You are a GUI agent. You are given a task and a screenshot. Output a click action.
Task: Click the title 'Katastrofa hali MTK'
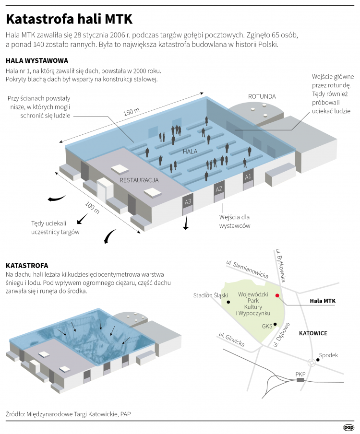point(69,19)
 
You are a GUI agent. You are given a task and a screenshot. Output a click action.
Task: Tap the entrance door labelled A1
point(248,177)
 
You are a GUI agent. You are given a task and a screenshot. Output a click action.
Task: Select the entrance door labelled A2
point(219,189)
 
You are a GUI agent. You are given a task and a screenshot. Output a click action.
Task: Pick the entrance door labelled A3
point(188,202)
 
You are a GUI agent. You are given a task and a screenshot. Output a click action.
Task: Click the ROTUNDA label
point(262,96)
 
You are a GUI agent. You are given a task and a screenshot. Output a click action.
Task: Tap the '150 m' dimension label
point(131,112)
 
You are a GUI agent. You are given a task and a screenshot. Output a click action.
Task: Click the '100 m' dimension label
point(92,208)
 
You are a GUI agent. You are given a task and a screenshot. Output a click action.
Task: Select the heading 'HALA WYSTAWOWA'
point(36,61)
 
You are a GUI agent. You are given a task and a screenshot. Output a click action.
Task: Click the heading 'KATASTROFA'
point(27,265)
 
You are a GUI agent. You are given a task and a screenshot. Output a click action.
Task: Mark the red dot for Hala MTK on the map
point(277,295)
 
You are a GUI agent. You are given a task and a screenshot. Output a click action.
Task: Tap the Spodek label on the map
point(328,355)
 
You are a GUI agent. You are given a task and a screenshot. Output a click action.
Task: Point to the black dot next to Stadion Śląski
point(228,302)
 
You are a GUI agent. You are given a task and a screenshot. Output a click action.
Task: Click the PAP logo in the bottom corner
point(348,427)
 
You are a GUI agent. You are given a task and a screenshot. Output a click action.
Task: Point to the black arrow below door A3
point(186,224)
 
